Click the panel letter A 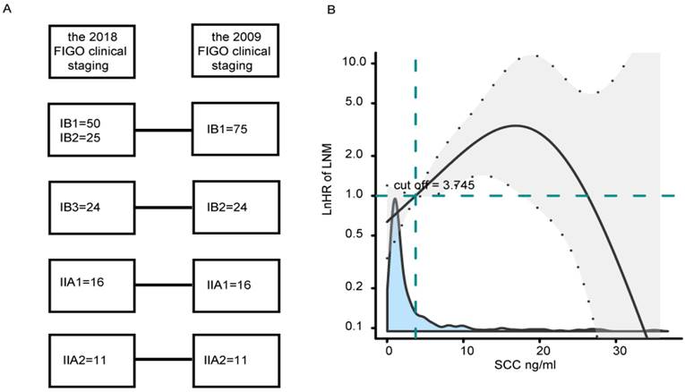point(7,9)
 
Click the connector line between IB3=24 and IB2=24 point(163,209)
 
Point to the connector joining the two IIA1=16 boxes point(163,285)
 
